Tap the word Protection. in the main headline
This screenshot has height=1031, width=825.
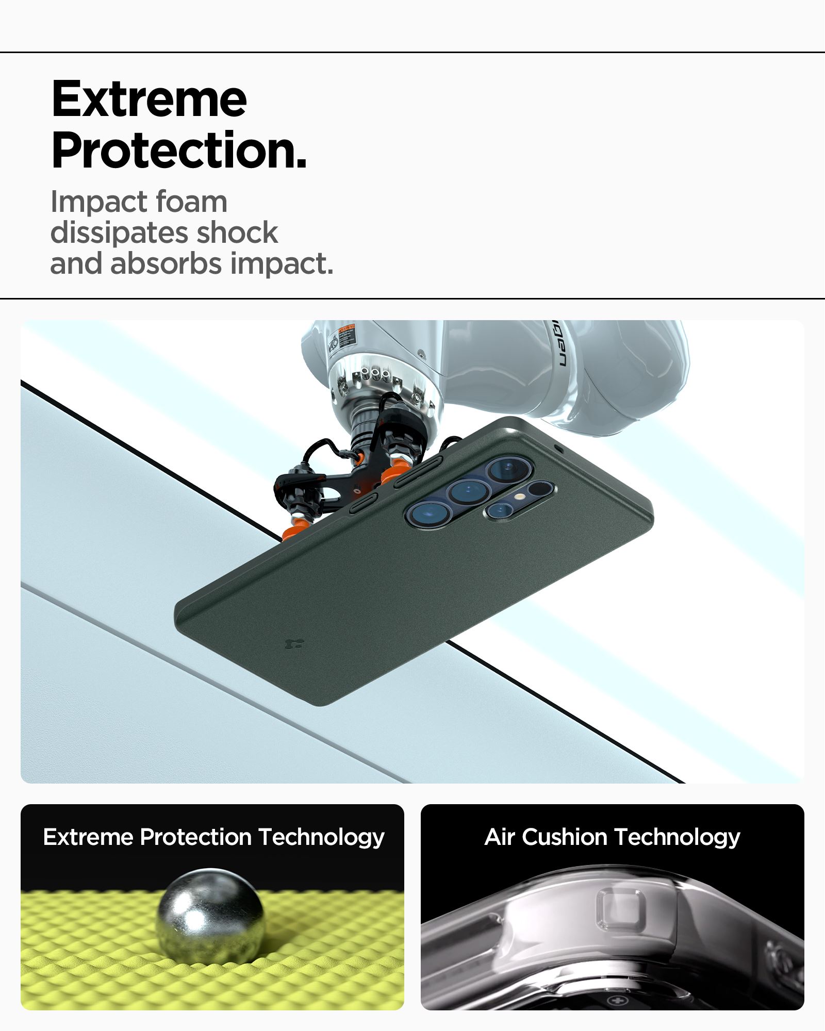coord(179,150)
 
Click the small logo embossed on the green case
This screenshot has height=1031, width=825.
coord(294,643)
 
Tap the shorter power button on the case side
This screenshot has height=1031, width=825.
coord(364,503)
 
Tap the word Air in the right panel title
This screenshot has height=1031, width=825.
coord(500,837)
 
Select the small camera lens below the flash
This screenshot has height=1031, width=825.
coord(499,510)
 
